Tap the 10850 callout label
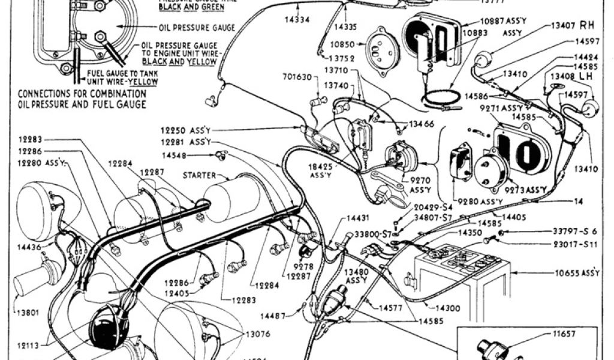click(341, 44)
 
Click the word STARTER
click(199, 176)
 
